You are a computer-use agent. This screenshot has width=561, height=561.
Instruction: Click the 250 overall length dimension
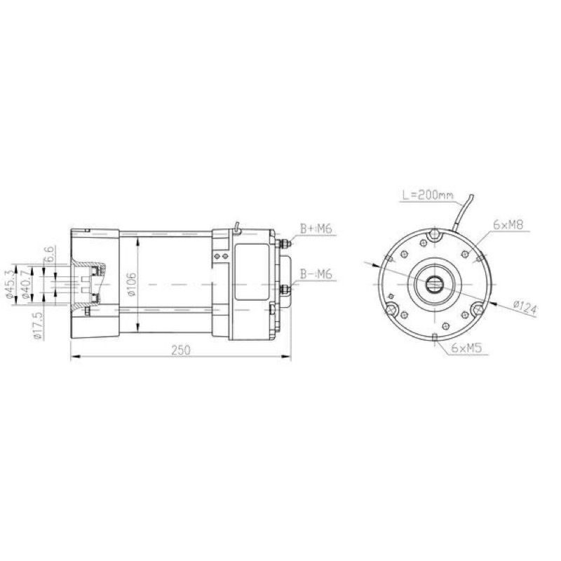point(181,350)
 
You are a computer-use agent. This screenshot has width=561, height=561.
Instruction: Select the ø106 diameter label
point(132,285)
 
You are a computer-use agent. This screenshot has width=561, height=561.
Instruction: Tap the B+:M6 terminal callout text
point(316,229)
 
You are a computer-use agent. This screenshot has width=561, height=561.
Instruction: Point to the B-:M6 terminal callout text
point(316,274)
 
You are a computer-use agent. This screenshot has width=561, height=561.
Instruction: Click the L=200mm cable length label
point(428,196)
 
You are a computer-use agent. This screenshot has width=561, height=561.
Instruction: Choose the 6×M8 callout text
point(508,224)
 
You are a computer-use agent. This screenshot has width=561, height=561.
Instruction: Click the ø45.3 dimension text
point(10,284)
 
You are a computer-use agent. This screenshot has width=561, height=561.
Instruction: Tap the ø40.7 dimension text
point(25,284)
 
